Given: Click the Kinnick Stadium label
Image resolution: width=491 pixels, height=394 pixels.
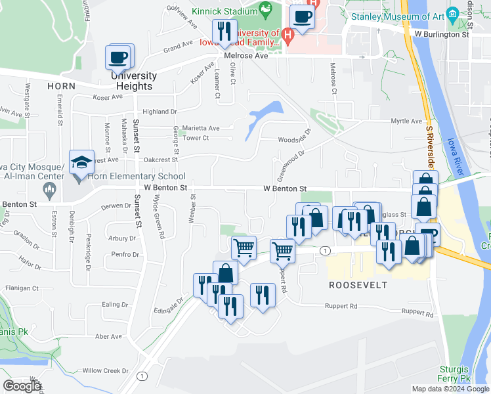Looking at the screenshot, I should (x=225, y=12).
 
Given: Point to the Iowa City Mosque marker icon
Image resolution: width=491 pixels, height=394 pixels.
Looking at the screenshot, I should (x=48, y=191).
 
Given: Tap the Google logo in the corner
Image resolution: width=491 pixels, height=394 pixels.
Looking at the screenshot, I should (x=22, y=386).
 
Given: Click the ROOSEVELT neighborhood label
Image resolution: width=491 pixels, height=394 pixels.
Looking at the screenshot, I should (x=358, y=285).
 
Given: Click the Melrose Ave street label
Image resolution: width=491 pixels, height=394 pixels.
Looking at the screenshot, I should (x=246, y=56).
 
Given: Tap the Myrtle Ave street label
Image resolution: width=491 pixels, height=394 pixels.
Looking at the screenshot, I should (x=406, y=121).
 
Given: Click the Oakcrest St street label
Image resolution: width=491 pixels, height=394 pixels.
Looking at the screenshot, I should (x=160, y=159).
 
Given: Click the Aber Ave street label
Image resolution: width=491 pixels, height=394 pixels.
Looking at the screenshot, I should (x=108, y=336).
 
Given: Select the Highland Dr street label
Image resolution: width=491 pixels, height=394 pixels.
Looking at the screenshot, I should (x=160, y=112).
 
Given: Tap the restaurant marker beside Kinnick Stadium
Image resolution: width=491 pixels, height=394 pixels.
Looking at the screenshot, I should (x=224, y=32).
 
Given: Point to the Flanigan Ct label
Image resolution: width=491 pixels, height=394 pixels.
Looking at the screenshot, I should (x=22, y=288).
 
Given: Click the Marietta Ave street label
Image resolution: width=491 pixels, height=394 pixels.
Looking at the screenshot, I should (x=201, y=127).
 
